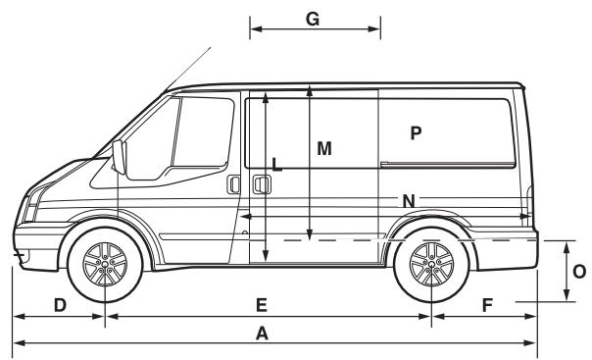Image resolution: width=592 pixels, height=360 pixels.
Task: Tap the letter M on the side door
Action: (x=324, y=148)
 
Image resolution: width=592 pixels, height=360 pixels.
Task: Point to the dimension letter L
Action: (x=276, y=166)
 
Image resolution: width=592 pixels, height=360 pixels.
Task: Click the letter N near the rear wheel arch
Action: (x=409, y=201)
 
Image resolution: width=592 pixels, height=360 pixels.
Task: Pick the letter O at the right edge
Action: (x=579, y=269)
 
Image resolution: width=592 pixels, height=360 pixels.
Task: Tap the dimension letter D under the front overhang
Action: (x=60, y=305)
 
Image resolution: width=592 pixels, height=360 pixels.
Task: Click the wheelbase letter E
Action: (x=262, y=305)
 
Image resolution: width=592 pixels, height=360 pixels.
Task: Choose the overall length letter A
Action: (x=262, y=334)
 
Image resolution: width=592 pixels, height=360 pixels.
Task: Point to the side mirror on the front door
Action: (x=120, y=157)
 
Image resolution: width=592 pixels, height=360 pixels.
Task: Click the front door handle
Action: (x=233, y=184)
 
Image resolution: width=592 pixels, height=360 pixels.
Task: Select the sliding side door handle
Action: (x=261, y=183)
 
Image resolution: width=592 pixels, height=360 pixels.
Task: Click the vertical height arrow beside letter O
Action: (x=567, y=269)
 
